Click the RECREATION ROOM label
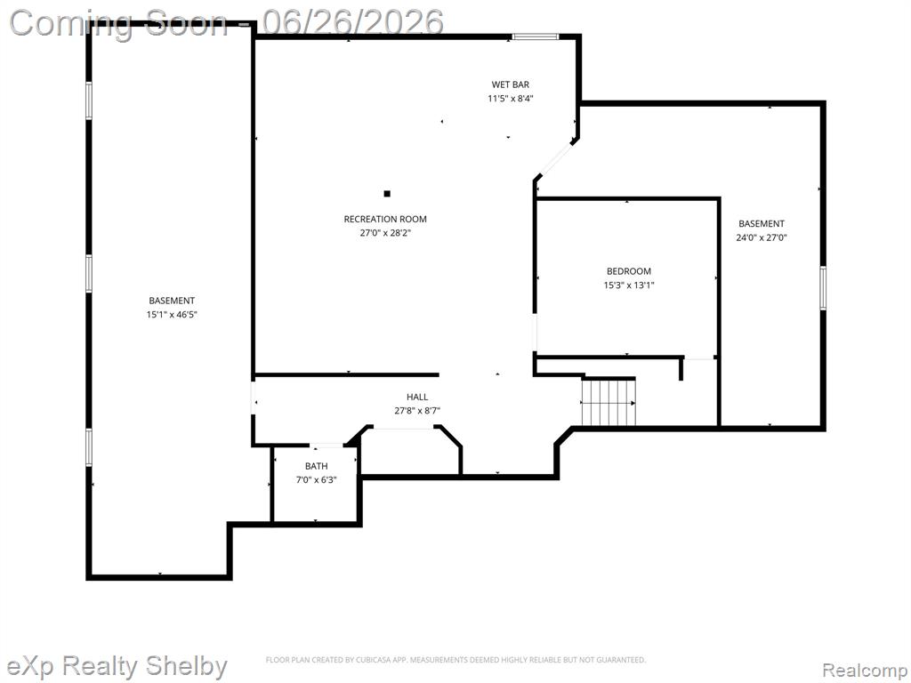385,219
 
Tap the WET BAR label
510,84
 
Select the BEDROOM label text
629,271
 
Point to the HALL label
417,398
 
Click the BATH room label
316,466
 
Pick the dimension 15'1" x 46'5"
172,315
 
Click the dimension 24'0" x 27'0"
762,237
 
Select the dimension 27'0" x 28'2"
385,233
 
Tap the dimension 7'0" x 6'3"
316,480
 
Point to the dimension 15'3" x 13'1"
629,285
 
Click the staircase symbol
609,402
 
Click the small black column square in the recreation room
387,194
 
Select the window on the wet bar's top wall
535,36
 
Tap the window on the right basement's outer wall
823,288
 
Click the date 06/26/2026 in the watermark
352,22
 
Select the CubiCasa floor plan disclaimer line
455,660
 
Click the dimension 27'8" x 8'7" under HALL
417,411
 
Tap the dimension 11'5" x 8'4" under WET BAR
510,99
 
